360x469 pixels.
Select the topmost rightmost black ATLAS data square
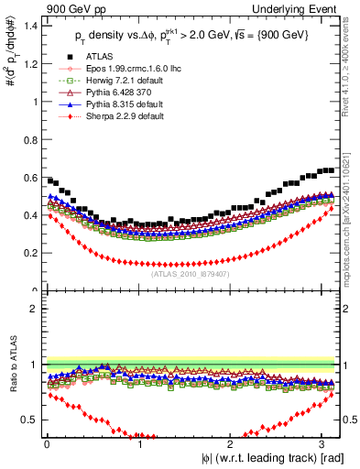click(x=330, y=169)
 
